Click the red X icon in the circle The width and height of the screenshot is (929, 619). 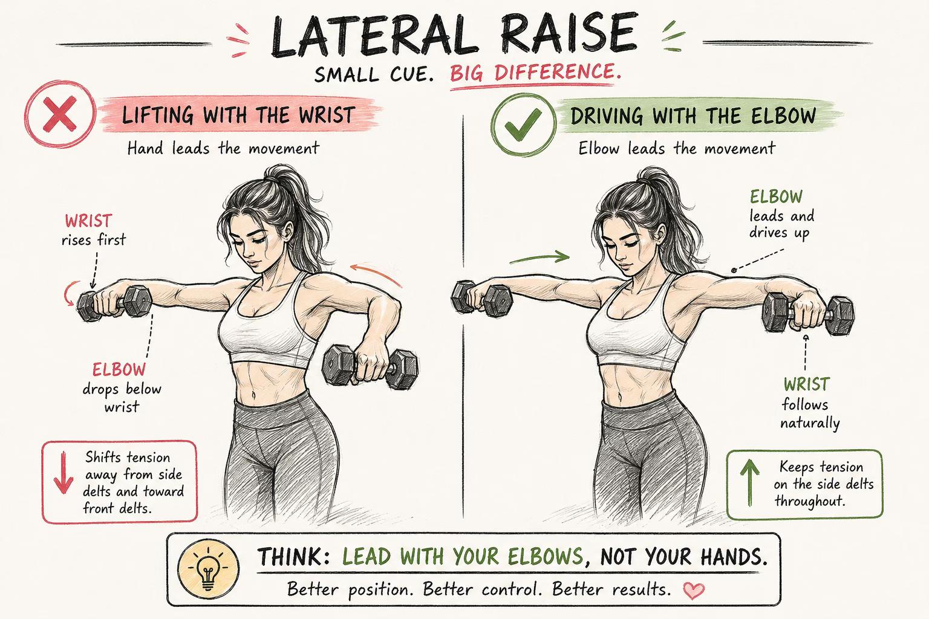60,114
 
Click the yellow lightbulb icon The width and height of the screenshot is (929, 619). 208,569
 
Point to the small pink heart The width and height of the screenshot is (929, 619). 694,591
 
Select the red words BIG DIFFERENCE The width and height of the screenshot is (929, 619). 535,73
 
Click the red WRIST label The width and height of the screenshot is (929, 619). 88,221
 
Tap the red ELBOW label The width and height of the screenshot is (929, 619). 119,369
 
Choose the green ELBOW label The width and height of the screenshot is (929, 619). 776,196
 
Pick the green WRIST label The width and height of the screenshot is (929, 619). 806,384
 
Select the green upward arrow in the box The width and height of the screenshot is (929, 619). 749,483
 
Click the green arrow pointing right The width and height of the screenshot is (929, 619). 539,258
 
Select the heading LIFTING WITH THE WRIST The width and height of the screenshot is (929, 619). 238,115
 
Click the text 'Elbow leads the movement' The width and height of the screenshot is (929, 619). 676,148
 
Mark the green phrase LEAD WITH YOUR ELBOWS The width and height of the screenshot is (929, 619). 462,557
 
